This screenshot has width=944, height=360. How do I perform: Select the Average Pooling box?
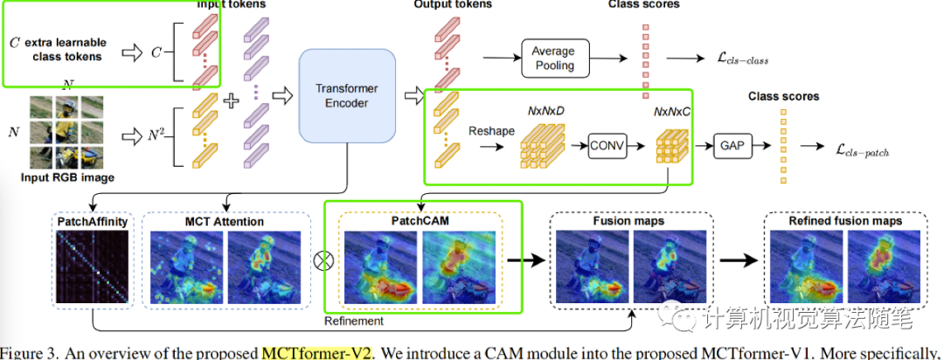coord(553,59)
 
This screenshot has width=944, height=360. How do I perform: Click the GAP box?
coord(731,146)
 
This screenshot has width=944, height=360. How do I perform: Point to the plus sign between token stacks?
coord(232,100)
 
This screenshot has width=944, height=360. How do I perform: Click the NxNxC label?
coord(672,113)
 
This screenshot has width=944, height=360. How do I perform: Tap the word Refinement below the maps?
coord(356,321)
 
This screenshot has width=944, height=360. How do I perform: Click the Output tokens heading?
coord(452,5)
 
